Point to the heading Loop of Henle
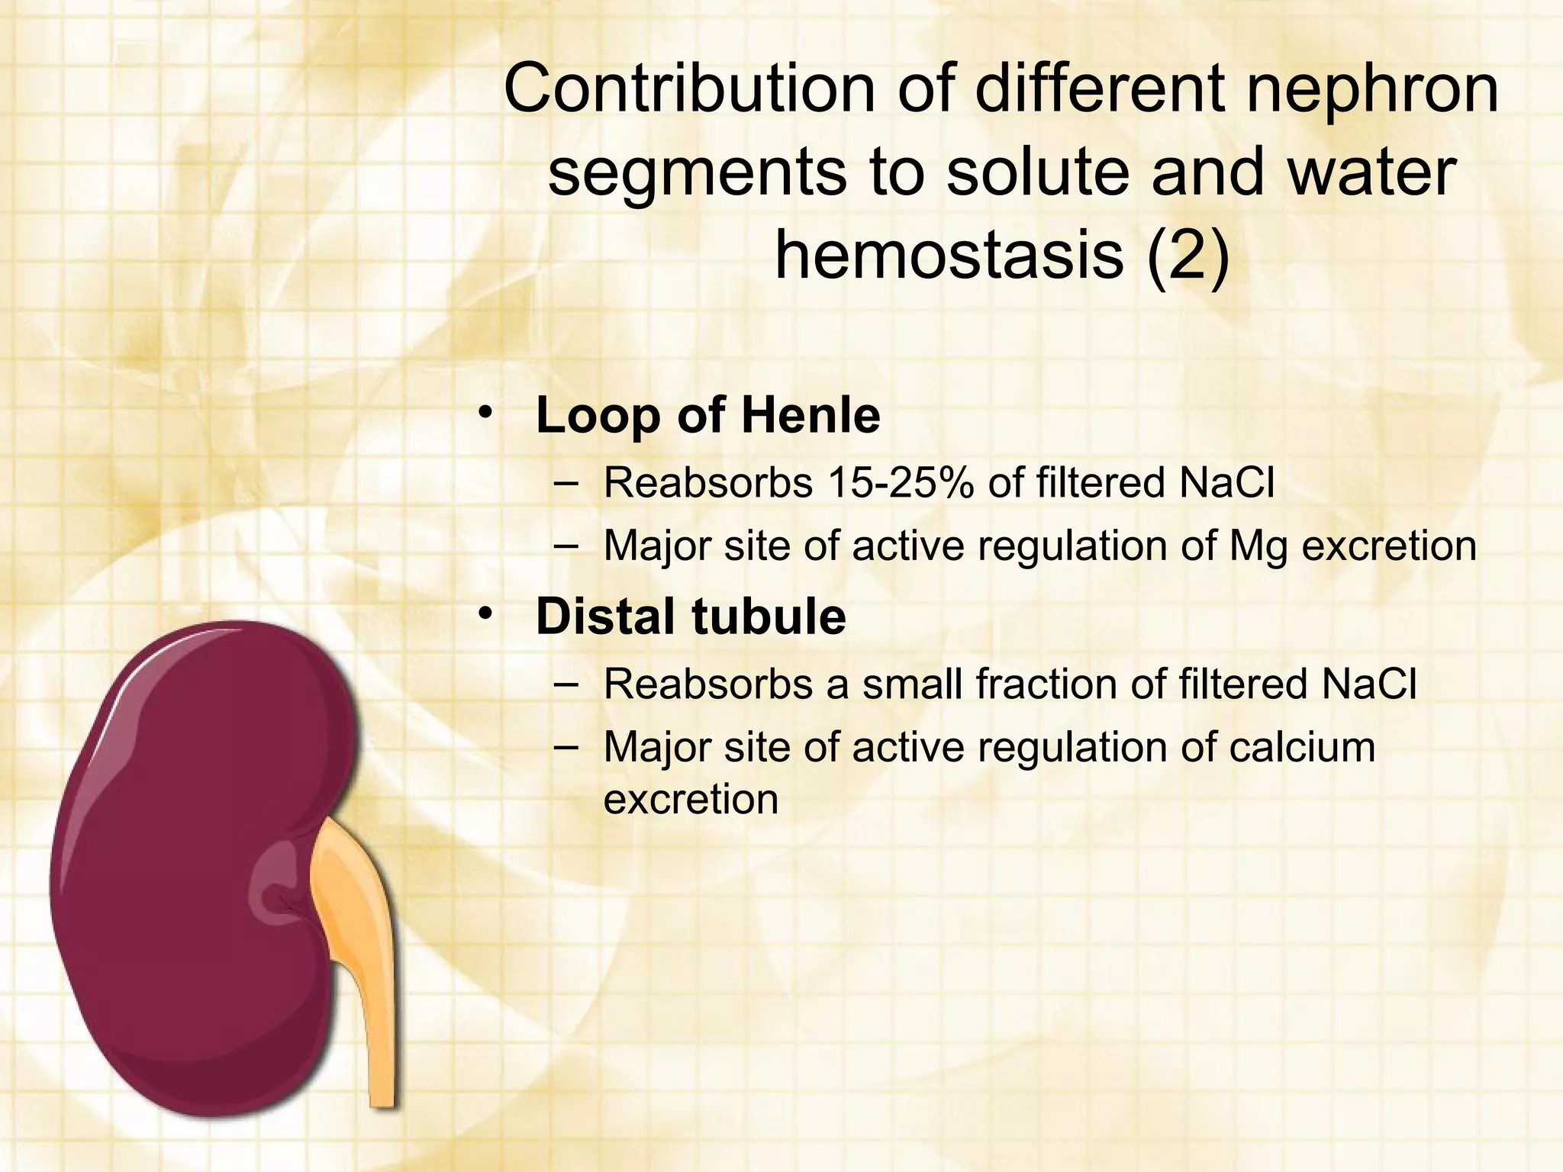point(707,416)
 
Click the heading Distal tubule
point(691,617)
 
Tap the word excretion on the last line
point(691,800)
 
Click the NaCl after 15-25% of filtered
point(1226,482)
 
